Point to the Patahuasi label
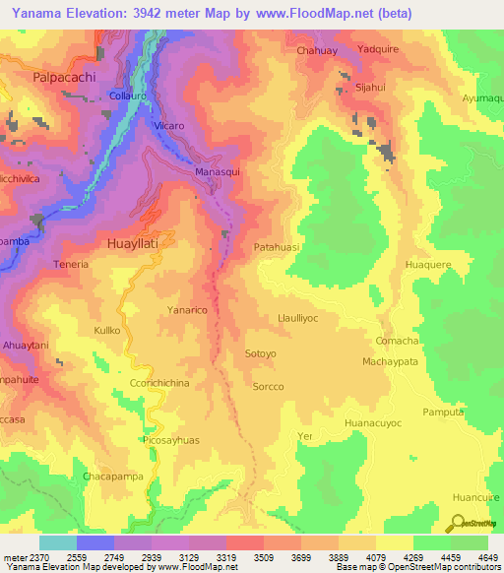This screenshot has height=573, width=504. (277, 248)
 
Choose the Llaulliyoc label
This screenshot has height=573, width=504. (299, 319)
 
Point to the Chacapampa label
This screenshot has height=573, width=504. (114, 477)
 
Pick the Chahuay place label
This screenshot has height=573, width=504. (317, 49)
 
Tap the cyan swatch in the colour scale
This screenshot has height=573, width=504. (58, 542)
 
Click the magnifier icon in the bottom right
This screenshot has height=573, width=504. (458, 523)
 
